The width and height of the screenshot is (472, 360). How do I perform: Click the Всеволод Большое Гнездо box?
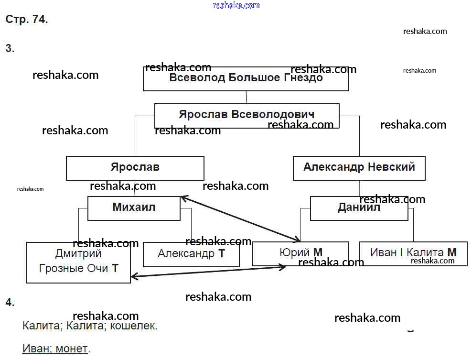tap(246, 79)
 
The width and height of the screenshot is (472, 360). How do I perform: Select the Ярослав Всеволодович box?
tap(247, 115)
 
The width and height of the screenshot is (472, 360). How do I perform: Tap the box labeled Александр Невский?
tap(359, 168)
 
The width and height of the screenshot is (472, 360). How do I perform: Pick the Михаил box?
tap(134, 208)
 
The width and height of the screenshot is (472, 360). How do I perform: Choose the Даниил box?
tap(359, 208)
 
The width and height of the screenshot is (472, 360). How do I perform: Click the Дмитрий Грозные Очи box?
tap(78, 262)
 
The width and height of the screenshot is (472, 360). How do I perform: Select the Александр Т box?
tap(191, 254)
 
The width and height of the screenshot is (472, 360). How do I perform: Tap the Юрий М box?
tap(300, 253)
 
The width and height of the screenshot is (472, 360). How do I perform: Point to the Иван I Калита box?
tap(413, 253)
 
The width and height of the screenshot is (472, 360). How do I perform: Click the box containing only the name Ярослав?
tap(135, 168)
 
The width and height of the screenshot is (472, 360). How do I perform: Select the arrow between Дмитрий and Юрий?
tap(208, 272)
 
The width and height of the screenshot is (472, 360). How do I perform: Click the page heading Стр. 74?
tap(26, 20)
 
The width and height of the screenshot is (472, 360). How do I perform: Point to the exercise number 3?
tap(10, 48)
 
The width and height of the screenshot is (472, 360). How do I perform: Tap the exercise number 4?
tap(10, 302)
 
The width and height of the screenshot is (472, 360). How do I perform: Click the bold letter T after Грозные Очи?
tap(115, 269)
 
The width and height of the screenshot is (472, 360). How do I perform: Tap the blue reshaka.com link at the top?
tap(236, 5)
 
